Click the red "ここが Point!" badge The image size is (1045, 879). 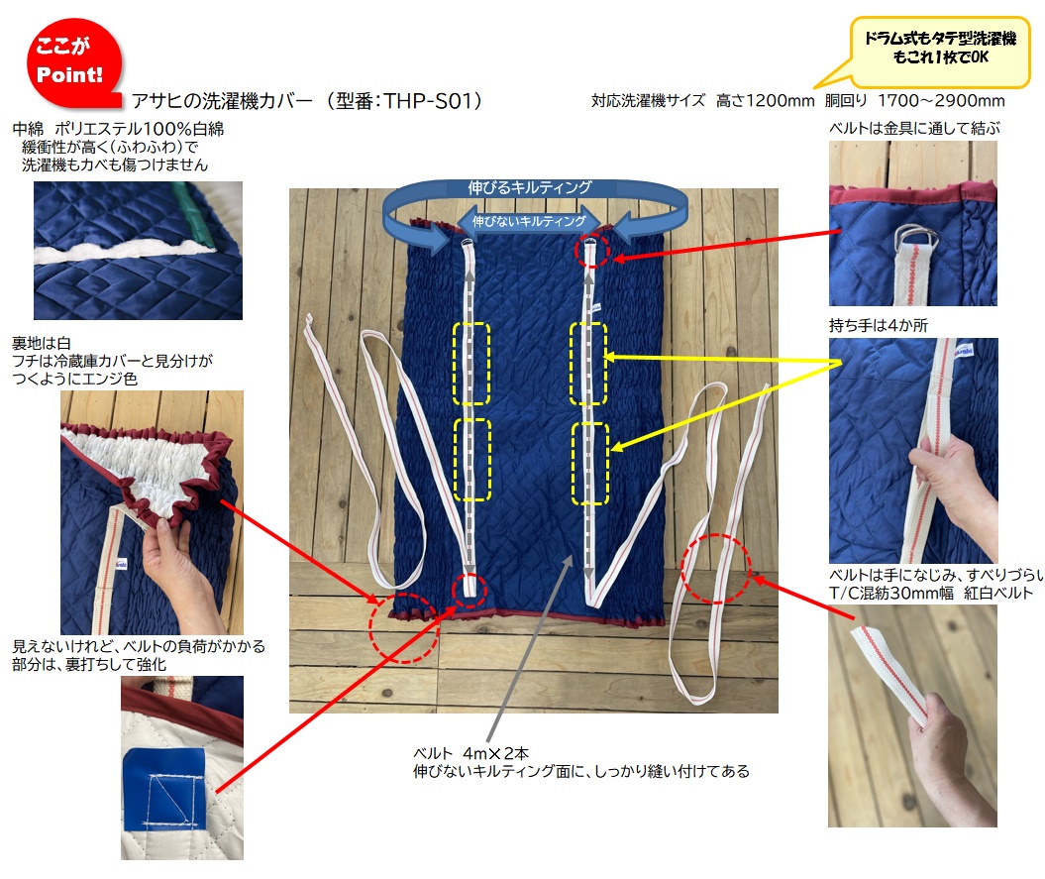point(73,62)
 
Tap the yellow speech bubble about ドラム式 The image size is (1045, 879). point(940,50)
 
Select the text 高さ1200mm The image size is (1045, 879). point(765,101)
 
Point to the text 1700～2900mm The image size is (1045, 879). point(941,101)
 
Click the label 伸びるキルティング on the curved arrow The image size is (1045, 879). point(529,187)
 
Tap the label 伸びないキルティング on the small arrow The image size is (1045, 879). point(529,221)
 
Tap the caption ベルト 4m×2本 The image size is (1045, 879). point(471,753)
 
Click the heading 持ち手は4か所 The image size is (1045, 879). point(879,325)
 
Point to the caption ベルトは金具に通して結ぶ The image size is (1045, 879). point(914,128)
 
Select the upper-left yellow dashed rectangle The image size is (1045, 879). point(471,364)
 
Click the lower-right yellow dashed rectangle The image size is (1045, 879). point(590,464)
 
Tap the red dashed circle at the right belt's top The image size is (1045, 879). point(591,250)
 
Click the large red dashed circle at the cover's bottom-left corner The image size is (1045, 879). point(404,627)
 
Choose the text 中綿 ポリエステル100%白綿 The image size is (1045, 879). point(118,129)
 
